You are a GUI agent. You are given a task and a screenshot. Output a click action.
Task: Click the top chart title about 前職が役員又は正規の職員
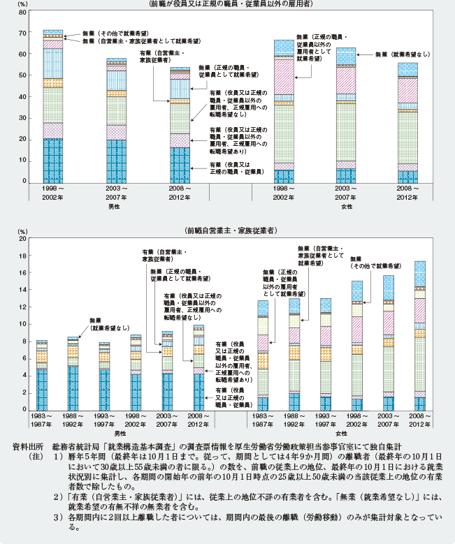tap(231, 6)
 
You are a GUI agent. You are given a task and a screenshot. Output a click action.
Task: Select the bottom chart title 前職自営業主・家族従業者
tap(230, 230)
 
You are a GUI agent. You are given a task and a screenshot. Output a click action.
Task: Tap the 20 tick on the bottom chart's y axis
tap(21, 239)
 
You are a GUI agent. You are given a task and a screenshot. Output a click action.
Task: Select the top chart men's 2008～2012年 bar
tap(180, 126)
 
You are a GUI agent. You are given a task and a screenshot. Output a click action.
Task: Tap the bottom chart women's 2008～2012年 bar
tap(420, 335)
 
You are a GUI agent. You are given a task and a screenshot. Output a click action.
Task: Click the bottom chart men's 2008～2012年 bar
tap(198, 367)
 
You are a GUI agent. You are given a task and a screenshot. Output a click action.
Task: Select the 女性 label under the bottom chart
tap(342, 434)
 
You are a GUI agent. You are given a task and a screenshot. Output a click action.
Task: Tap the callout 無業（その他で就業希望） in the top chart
tap(108, 33)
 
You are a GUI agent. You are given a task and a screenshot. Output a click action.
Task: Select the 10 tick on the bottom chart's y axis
tap(21, 324)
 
